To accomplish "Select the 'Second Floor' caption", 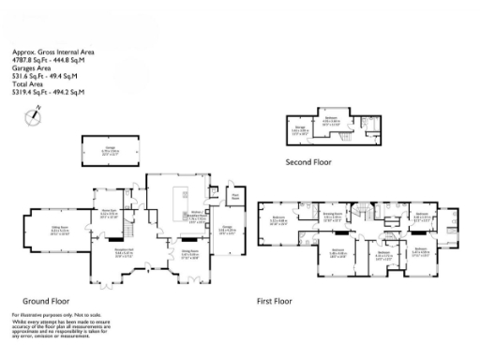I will pyautogui.click(x=309, y=161).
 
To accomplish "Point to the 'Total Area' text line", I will pyautogui.click(x=28, y=86).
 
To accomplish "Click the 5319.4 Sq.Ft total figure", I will pyautogui.click(x=47, y=93).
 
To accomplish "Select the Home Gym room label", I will pyautogui.click(x=108, y=212).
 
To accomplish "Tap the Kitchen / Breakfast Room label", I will pyautogui.click(x=197, y=217).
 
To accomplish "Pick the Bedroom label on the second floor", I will pyautogui.click(x=331, y=121).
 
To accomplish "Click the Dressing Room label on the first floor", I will pyautogui.click(x=331, y=215).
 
